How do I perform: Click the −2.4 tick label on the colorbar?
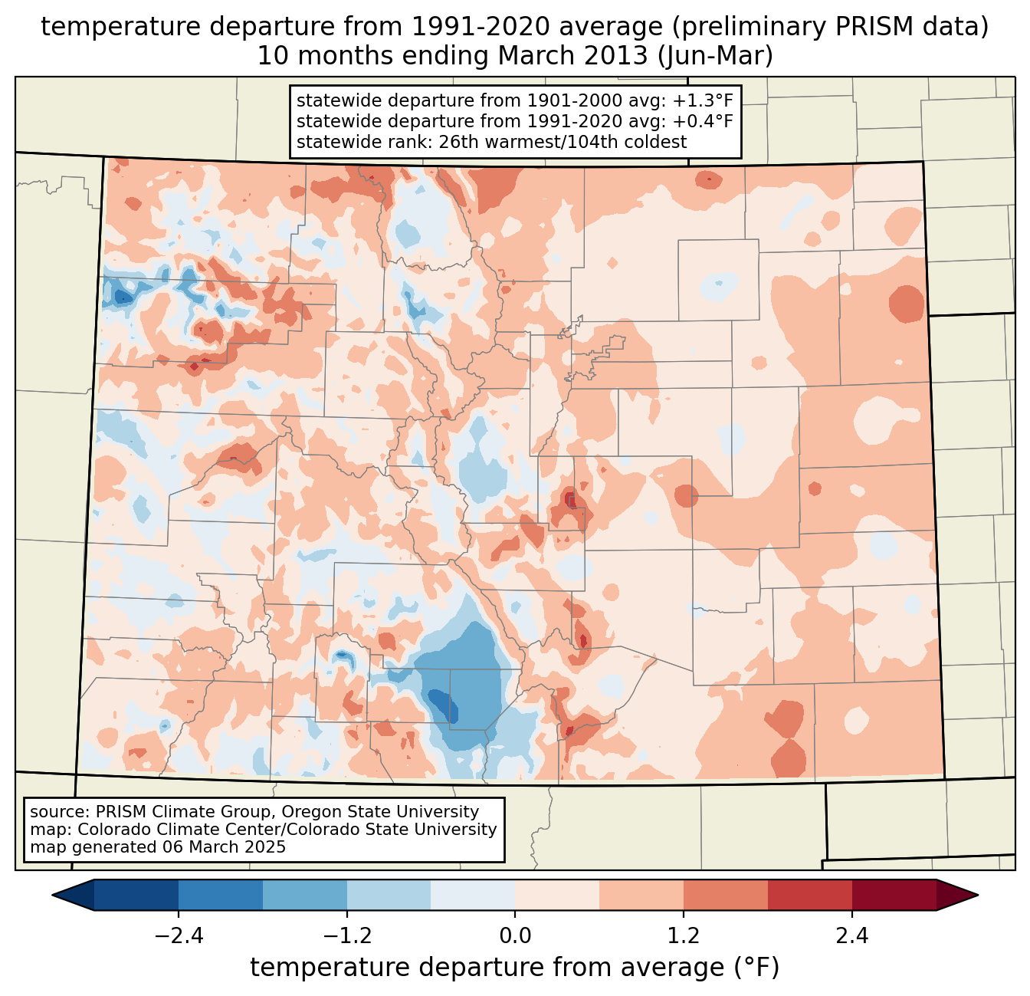[178, 936]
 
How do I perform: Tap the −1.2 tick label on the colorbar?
[346, 936]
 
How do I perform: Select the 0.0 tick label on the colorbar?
[515, 936]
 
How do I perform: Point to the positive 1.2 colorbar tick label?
[684, 936]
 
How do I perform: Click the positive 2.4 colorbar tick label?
[852, 936]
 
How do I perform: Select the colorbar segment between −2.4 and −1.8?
[221, 895]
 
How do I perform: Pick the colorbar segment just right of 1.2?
[725, 895]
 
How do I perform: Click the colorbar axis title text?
[515, 968]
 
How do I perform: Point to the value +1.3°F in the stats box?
[703, 101]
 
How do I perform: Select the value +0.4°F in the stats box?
[703, 121]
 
